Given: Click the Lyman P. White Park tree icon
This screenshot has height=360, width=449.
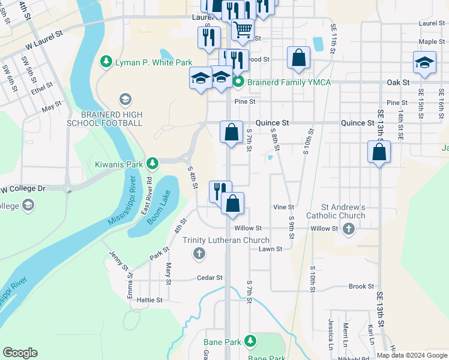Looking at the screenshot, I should (x=106, y=62).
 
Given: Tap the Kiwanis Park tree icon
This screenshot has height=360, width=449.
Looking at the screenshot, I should (x=152, y=163).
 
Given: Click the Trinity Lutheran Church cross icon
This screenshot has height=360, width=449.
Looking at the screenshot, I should (x=199, y=254).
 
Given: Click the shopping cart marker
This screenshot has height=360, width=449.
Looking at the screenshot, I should (x=243, y=29).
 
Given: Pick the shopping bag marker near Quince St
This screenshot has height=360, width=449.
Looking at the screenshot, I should (x=231, y=132).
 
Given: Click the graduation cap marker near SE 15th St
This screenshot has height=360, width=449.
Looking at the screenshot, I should (x=424, y=63).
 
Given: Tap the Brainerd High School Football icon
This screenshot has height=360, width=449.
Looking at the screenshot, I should (x=125, y=99).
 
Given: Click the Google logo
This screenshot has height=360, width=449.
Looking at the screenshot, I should (x=20, y=353).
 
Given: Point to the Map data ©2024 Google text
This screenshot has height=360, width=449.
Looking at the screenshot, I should (x=411, y=355).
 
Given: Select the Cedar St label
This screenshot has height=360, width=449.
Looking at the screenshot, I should (x=210, y=278).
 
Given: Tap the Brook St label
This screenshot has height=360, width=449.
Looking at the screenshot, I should (x=361, y=286).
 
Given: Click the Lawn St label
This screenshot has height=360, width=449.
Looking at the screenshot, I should (x=270, y=248).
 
